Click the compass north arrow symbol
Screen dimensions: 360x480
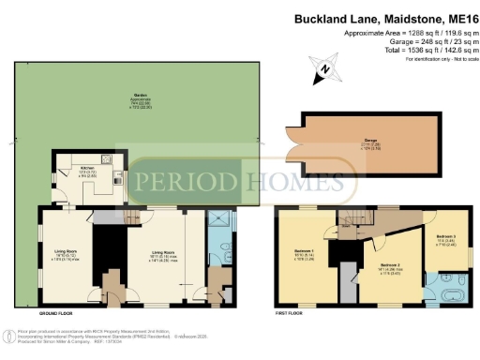coord(323,68)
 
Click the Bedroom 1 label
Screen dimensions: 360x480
coord(305,252)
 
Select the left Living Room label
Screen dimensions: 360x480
coord(65,251)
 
